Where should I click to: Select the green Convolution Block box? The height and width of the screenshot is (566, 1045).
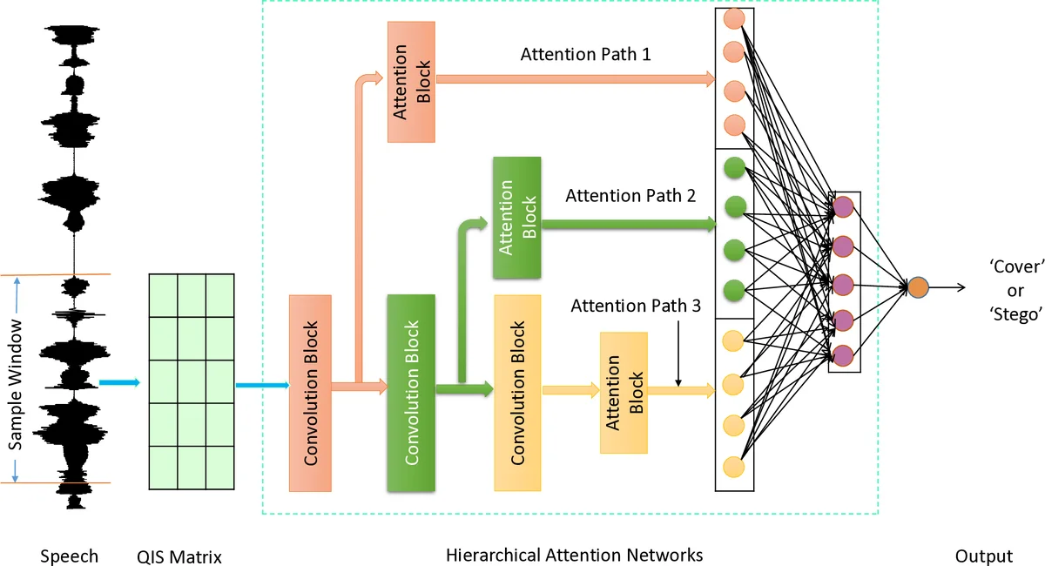tap(410, 393)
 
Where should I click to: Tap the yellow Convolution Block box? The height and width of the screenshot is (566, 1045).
tap(517, 393)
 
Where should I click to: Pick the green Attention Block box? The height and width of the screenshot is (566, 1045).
tap(517, 218)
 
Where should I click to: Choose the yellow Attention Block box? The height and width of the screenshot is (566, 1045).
tap(624, 392)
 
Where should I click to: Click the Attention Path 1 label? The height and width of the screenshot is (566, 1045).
tap(585, 55)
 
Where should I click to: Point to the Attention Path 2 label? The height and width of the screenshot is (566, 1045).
tap(630, 195)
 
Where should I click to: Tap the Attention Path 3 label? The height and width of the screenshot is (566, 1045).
tap(636, 307)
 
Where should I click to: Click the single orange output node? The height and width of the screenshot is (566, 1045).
tap(918, 286)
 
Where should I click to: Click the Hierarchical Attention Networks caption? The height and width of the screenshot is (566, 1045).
tap(574, 555)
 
